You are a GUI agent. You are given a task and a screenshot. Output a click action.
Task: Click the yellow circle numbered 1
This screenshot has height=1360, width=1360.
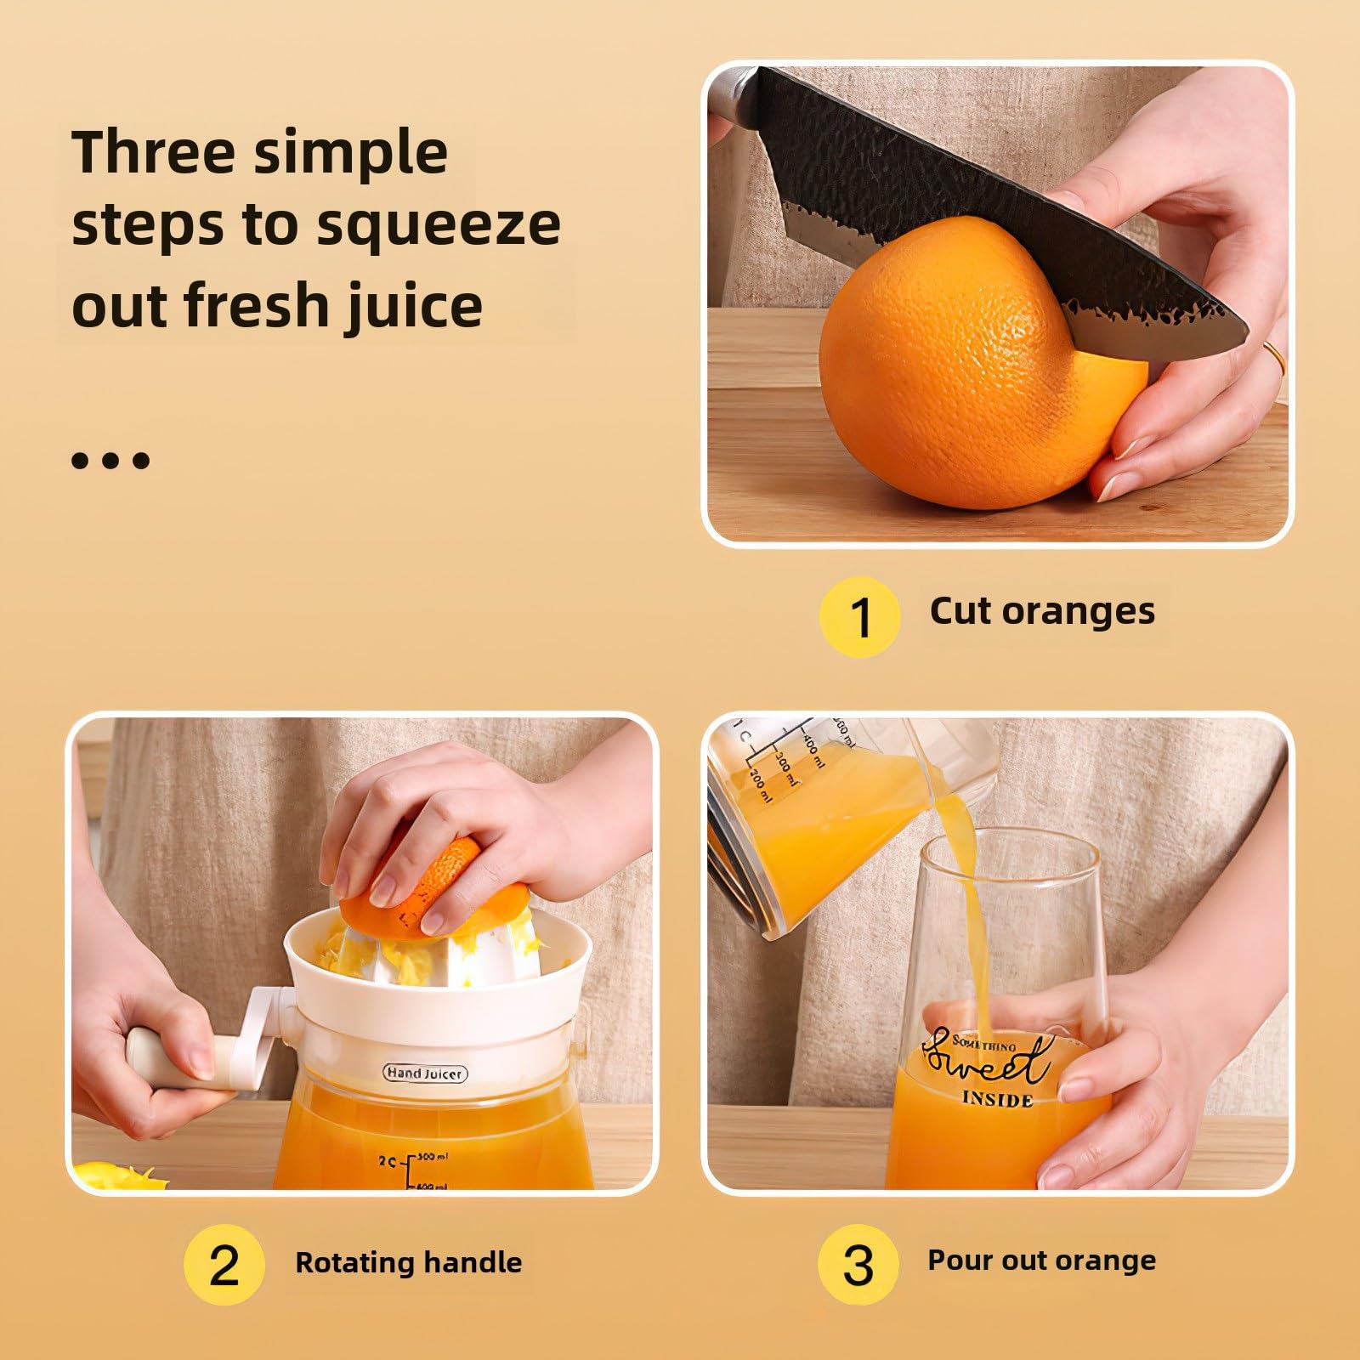859,617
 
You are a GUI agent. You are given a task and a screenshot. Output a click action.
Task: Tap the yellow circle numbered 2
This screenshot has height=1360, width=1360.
224,1266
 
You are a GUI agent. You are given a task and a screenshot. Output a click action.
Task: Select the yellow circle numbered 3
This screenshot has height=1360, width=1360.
858,1266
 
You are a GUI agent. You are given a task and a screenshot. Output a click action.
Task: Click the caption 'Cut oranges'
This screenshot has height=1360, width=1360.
1042,611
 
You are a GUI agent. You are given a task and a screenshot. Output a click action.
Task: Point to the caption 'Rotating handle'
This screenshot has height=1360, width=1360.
408,1262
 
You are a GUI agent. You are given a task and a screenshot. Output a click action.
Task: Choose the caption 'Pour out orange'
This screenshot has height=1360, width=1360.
1041,1261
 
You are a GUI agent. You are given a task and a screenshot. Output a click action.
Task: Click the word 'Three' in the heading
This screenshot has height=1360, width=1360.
153,151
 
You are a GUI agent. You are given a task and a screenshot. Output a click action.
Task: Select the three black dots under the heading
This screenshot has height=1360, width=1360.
110,461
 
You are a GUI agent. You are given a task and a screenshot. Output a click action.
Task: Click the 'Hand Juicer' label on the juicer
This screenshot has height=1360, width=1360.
425,1073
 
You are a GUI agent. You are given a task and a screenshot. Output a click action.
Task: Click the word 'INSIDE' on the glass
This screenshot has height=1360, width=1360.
997,1099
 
